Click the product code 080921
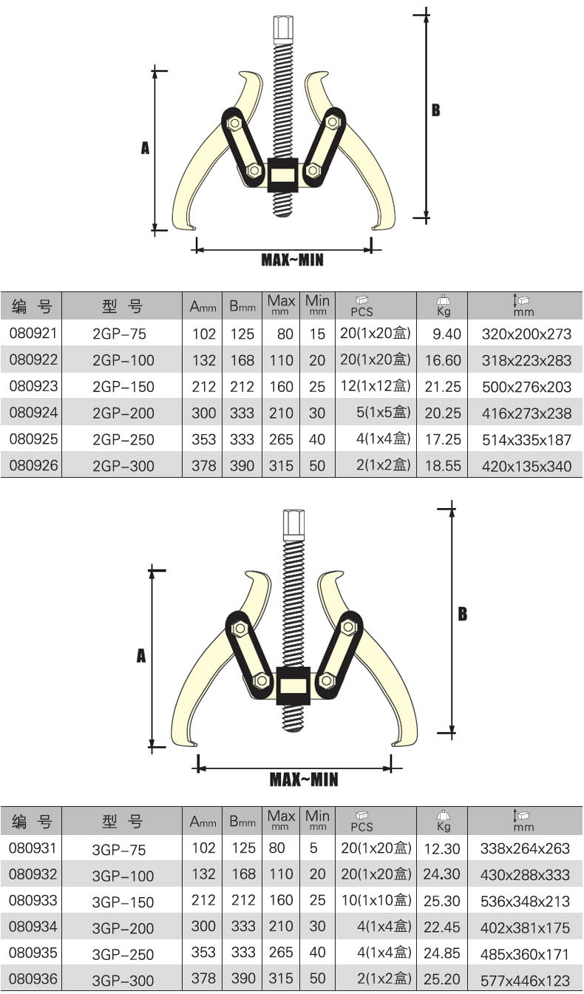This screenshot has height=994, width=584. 33,334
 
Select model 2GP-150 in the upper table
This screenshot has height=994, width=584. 123,387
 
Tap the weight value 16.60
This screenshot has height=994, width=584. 443,360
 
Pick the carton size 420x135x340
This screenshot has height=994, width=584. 526,466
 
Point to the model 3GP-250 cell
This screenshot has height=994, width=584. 123,954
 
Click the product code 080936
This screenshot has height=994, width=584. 33,978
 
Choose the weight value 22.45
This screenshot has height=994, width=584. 442,927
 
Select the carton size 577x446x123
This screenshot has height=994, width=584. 525,980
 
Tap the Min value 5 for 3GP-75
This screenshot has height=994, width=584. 313,848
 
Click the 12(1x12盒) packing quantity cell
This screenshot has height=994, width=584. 376,385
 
